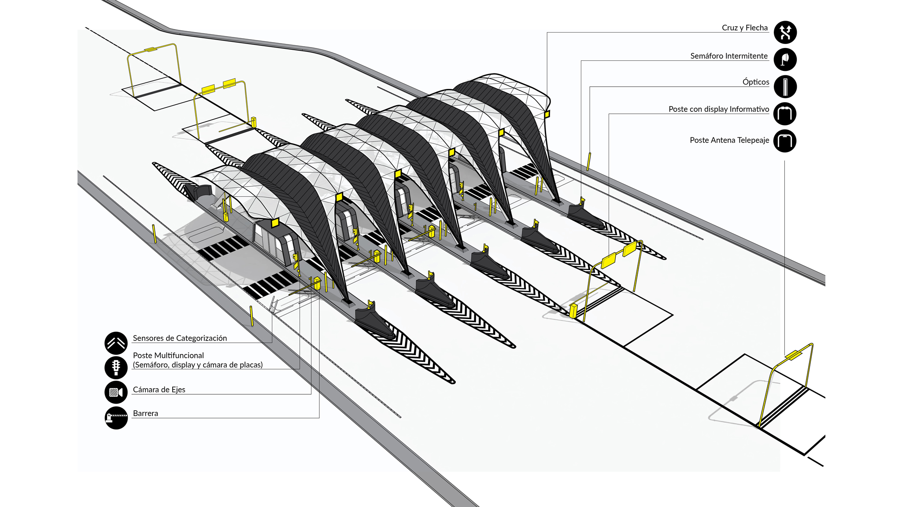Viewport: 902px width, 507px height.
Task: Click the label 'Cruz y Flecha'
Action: (x=744, y=28)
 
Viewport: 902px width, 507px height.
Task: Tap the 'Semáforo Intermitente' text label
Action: (x=728, y=56)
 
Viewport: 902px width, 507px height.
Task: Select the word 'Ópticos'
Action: (x=755, y=82)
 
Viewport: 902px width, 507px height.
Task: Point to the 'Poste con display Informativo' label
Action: (x=718, y=109)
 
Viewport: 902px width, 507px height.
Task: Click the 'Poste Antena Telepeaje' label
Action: (x=729, y=140)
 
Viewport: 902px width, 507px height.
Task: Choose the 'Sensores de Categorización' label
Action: (x=180, y=338)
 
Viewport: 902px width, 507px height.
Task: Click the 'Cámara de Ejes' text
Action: (x=159, y=389)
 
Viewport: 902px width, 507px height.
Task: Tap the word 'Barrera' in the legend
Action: (x=145, y=413)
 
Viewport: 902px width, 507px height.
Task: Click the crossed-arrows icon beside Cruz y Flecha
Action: (x=785, y=32)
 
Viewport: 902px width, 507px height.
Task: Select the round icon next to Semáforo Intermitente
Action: (x=785, y=59)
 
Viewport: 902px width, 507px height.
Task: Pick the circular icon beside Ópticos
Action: (x=785, y=86)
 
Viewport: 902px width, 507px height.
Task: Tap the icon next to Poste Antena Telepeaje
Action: (x=785, y=141)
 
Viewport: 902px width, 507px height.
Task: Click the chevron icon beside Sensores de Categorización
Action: (x=116, y=343)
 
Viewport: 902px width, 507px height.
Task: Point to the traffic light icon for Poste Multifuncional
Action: (x=116, y=367)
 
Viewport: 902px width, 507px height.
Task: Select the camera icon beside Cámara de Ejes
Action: (x=116, y=392)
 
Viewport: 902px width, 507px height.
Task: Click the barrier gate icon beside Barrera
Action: (x=116, y=417)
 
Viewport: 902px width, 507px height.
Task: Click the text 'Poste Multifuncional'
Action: (x=168, y=355)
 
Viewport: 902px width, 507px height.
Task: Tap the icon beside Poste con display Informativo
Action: (x=785, y=114)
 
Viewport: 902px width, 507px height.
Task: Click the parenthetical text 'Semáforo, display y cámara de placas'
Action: (x=198, y=365)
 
